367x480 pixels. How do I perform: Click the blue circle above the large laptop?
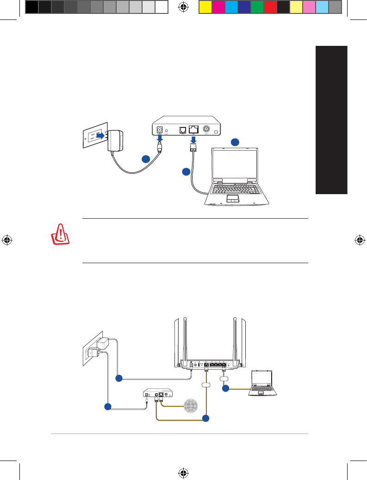click(x=235, y=142)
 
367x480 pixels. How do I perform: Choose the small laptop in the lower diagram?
click(x=263, y=384)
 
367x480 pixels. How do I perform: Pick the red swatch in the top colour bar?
click(x=270, y=6)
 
